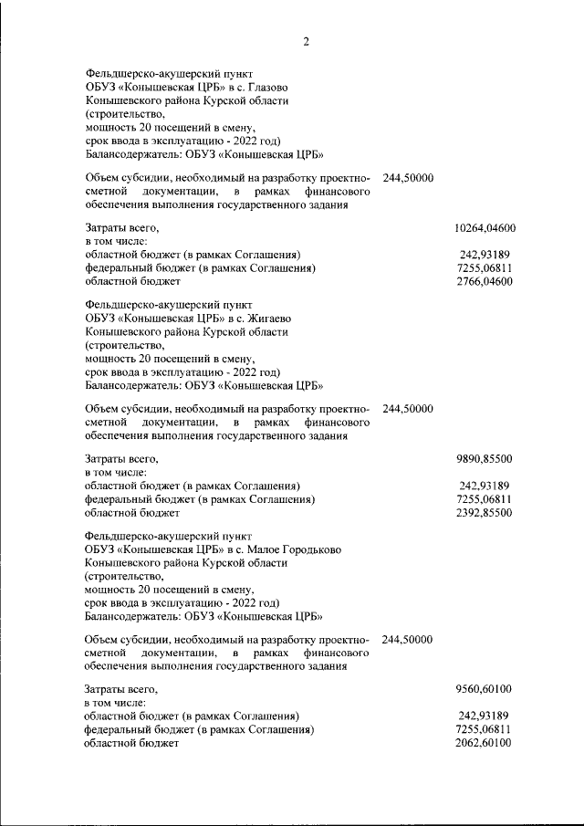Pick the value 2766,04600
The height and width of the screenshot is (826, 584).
[485, 282]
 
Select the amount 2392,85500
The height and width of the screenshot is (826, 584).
[485, 514]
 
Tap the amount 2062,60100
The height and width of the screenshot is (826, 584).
[485, 745]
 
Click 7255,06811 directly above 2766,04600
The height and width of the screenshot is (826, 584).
[485, 268]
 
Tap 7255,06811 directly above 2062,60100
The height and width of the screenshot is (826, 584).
[485, 731]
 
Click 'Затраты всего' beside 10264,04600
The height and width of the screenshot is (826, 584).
[122, 226]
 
